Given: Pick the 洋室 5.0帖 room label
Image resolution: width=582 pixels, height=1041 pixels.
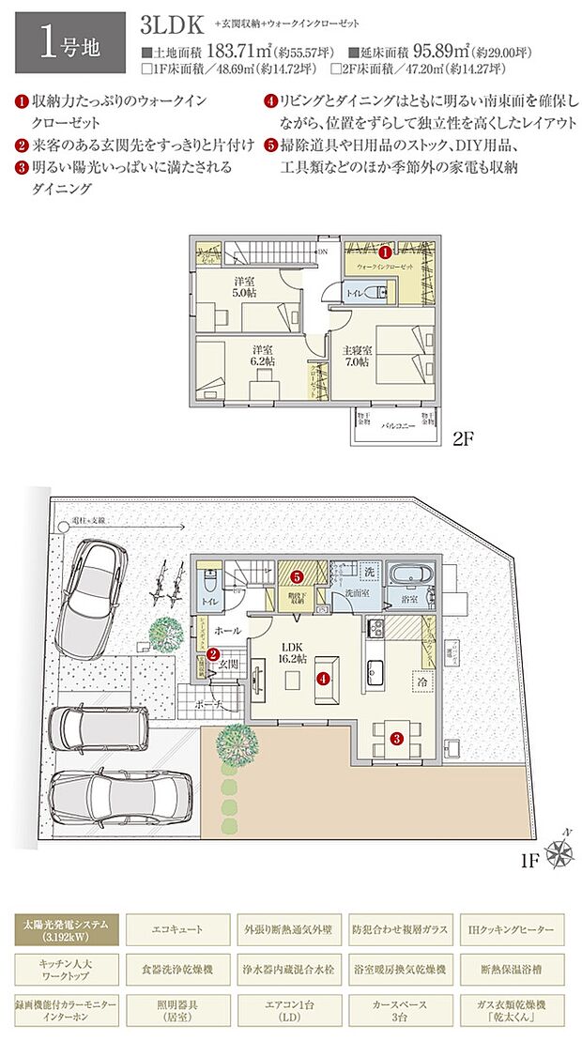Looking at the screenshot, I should pos(245,286).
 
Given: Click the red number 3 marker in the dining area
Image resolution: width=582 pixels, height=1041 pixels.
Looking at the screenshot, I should pos(397,739).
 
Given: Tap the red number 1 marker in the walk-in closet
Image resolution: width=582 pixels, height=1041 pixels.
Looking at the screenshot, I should pos(385,252).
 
